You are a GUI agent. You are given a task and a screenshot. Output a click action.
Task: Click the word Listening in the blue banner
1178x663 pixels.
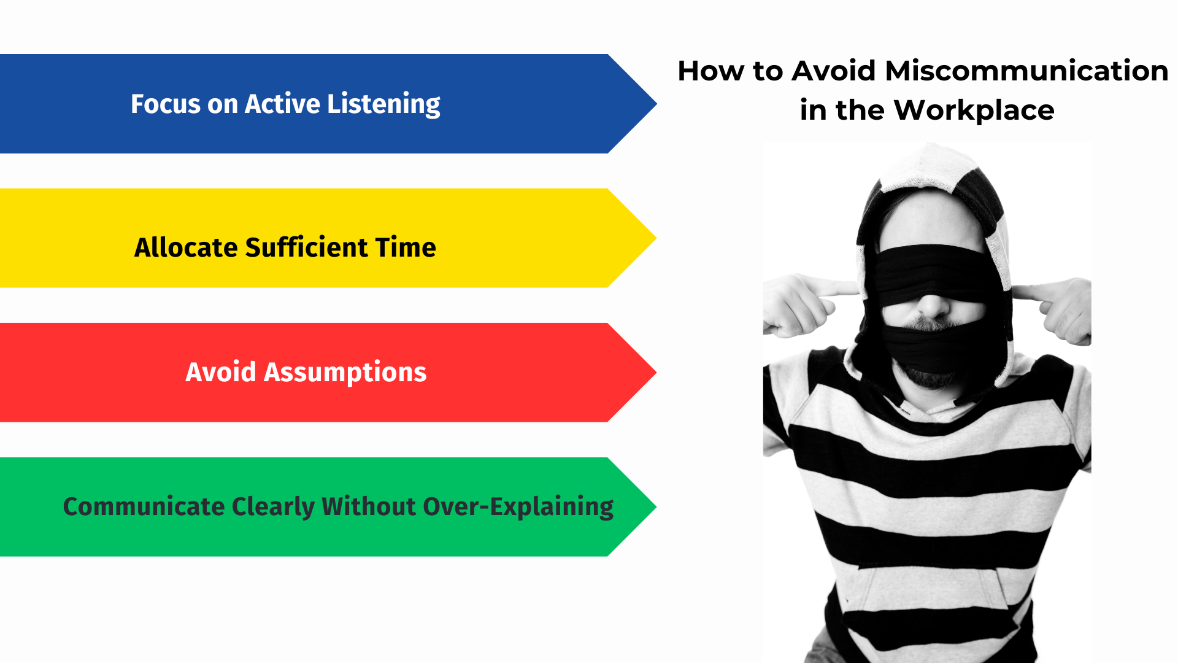click(383, 104)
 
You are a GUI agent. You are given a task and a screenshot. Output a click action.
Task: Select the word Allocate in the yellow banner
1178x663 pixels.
click(186, 247)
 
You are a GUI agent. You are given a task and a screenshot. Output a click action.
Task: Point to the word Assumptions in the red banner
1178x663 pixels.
click(345, 372)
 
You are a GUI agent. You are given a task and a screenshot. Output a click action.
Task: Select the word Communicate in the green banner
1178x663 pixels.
click(144, 506)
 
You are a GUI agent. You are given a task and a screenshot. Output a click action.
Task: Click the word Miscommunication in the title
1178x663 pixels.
click(1026, 71)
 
